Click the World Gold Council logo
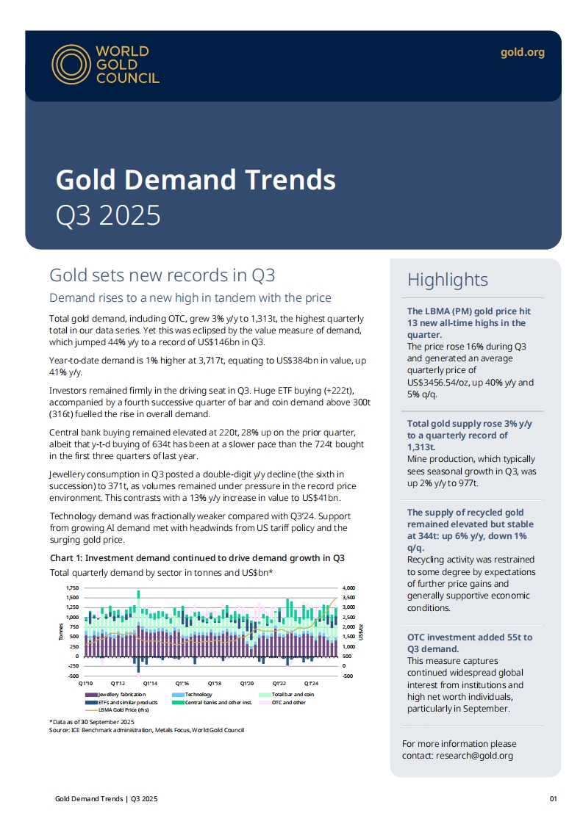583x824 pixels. [105, 65]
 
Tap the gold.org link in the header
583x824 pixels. [522, 52]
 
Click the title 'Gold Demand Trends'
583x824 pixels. [196, 179]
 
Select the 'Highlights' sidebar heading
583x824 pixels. [447, 280]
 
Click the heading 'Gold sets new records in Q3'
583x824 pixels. [162, 275]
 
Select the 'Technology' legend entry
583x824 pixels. [198, 694]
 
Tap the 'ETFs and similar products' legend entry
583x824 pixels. [124, 703]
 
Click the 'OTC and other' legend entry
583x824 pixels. [288, 703]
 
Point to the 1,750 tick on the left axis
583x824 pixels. [72, 588]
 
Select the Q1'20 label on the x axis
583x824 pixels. [247, 682]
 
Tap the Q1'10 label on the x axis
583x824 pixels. [85, 682]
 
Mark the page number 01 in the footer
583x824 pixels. [554, 798]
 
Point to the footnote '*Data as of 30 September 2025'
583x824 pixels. [93, 723]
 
